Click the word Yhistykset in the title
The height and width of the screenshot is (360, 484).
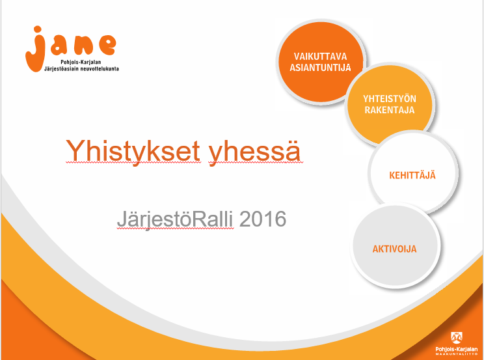point(133,152)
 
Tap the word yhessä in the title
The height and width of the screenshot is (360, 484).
point(254,152)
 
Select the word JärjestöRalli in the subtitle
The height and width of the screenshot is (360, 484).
point(175,219)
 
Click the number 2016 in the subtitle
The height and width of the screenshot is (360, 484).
point(263,219)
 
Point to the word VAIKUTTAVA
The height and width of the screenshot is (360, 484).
point(321,57)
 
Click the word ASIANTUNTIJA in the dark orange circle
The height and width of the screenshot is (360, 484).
point(321,67)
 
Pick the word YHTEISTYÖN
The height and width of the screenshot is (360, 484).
point(390,99)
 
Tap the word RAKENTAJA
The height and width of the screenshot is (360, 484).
point(390,110)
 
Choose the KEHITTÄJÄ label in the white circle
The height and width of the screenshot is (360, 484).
point(412,175)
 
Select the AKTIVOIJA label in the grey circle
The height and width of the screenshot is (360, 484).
point(394,249)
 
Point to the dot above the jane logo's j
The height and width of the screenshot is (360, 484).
point(37,29)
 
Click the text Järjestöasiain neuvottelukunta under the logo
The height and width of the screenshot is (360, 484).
point(81,68)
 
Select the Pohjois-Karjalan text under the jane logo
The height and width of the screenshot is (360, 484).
point(81,62)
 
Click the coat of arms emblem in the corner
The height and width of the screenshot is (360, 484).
point(457,338)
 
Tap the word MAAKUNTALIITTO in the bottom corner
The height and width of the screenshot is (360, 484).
point(457,354)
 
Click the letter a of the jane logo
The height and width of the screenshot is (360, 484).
point(59,46)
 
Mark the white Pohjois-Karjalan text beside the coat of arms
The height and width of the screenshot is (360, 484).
point(457,349)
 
